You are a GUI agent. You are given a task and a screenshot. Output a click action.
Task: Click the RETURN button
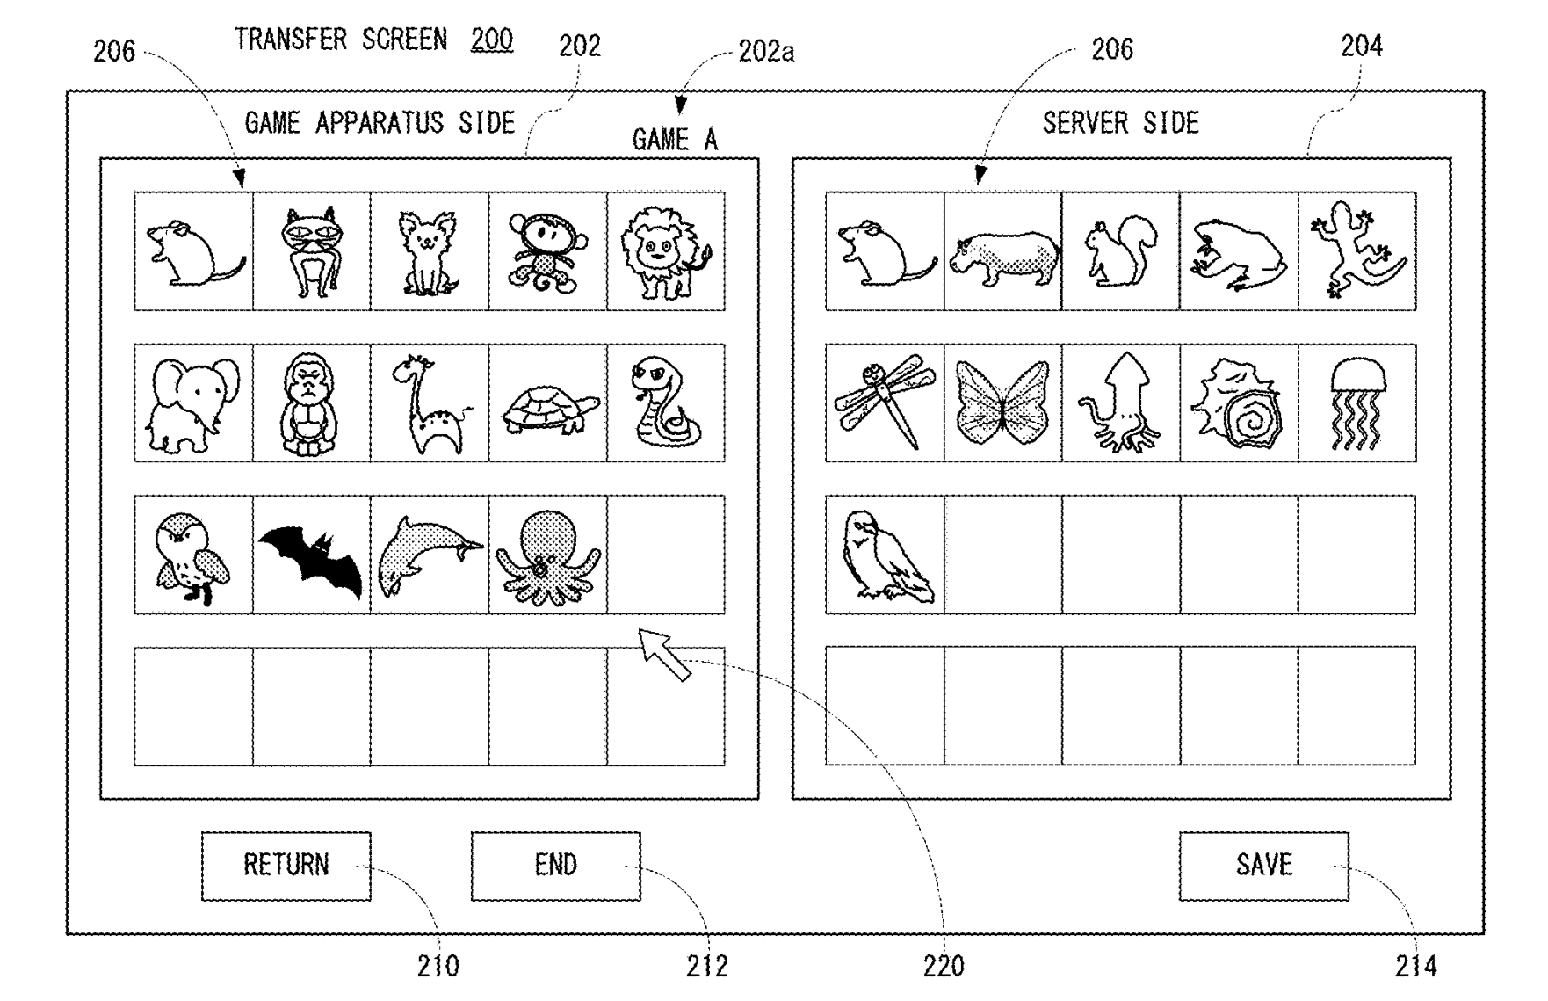pyautogui.click(x=286, y=866)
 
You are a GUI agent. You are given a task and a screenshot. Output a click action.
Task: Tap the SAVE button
pyautogui.click(x=1263, y=866)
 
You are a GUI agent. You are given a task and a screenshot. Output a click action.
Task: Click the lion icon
pyautogui.click(x=665, y=251)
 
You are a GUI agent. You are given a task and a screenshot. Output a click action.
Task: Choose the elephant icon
pyautogui.click(x=193, y=403)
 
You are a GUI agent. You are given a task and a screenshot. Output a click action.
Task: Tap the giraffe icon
pyautogui.click(x=428, y=403)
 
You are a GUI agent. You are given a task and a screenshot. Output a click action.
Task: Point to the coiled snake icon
pyautogui.click(x=665, y=403)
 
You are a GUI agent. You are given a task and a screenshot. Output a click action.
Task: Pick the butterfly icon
pyautogui.click(x=1002, y=403)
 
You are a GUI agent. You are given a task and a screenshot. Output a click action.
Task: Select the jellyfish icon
pyautogui.click(x=1356, y=403)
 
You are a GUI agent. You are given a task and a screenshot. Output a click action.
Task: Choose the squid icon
pyautogui.click(x=1119, y=403)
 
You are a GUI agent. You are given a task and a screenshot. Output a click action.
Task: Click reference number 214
pyautogui.click(x=1415, y=967)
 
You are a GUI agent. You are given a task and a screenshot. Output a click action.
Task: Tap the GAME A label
pyautogui.click(x=675, y=140)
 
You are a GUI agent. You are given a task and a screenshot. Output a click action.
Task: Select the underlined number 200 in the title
pyautogui.click(x=492, y=40)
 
